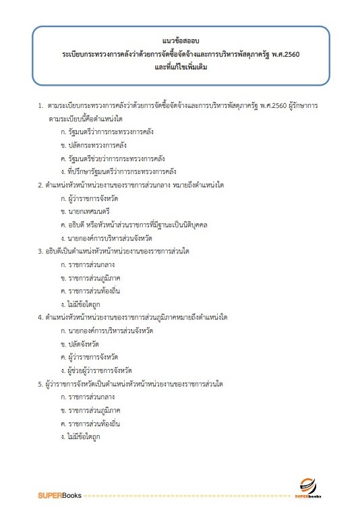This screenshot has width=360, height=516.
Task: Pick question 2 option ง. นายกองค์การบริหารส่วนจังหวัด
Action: [108, 238]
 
